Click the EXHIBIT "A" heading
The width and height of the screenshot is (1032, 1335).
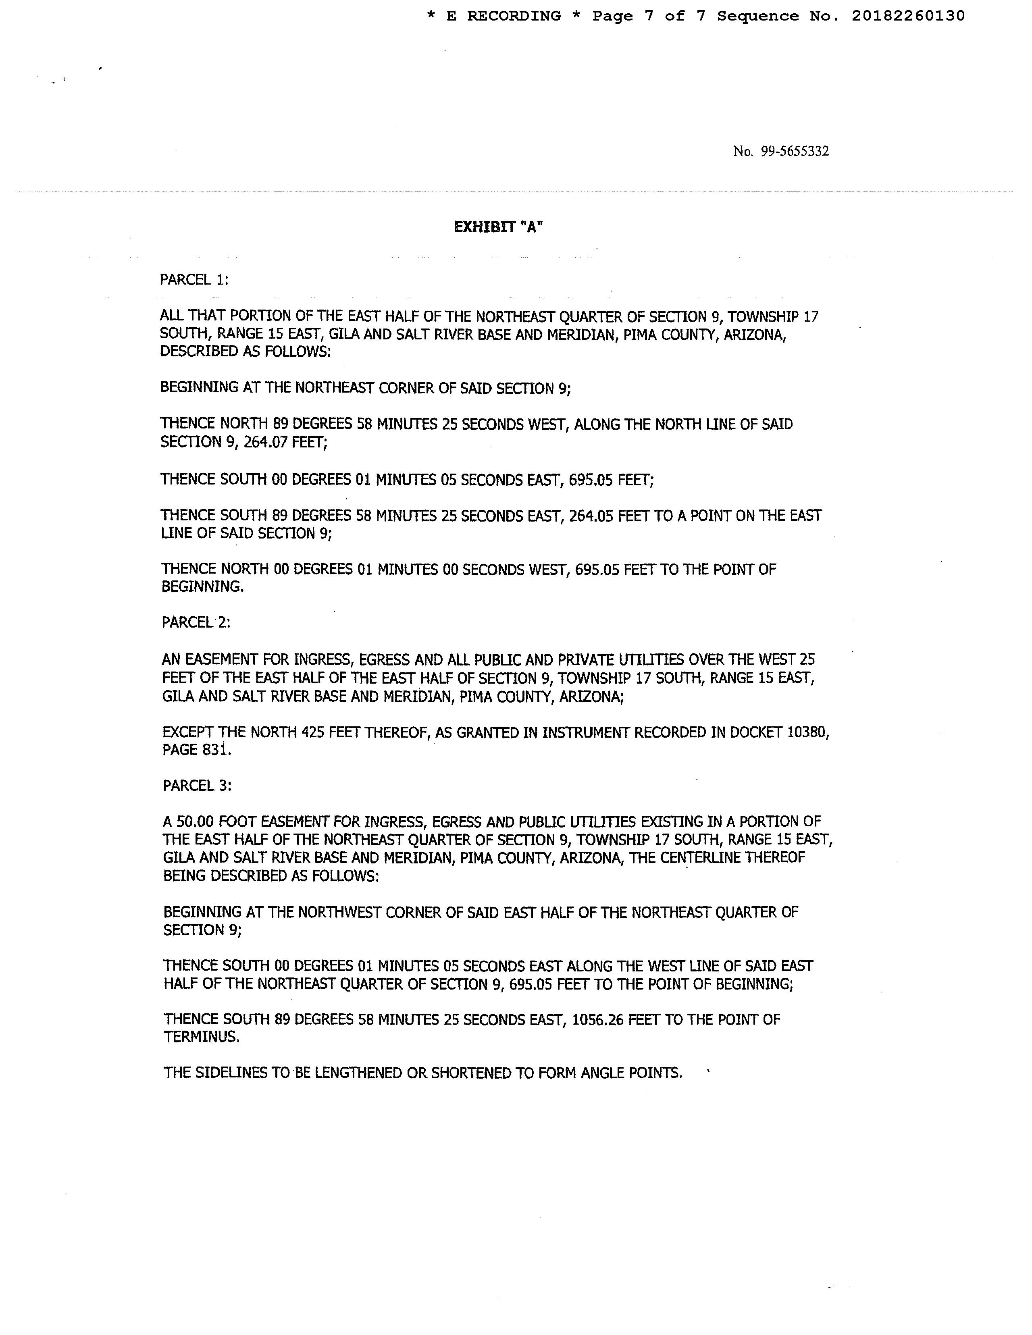498,227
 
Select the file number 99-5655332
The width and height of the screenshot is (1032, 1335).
794,152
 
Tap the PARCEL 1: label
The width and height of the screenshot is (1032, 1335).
194,280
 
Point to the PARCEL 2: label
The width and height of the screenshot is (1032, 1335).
196,622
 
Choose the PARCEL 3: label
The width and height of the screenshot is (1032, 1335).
197,786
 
